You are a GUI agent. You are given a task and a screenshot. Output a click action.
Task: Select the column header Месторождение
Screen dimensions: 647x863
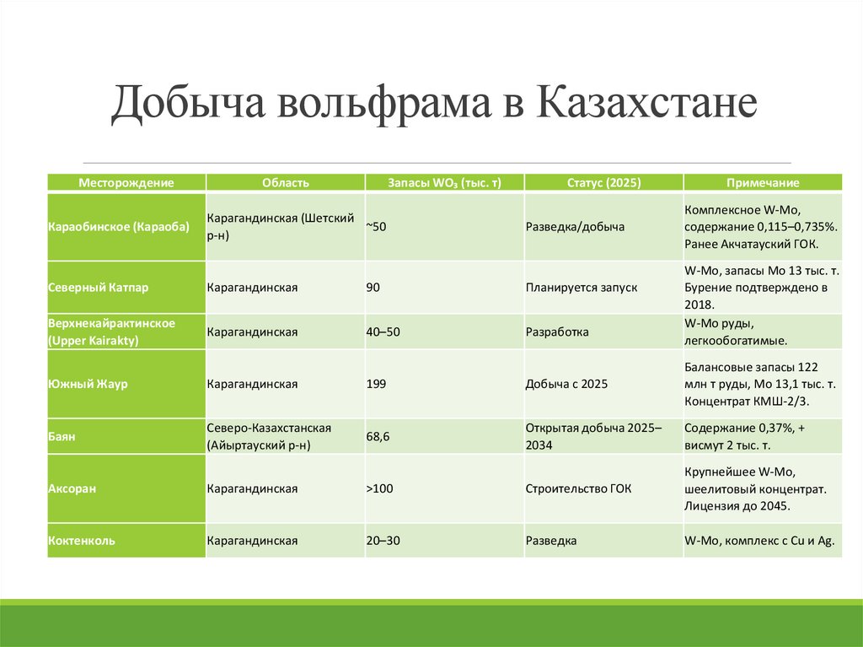click(x=126, y=183)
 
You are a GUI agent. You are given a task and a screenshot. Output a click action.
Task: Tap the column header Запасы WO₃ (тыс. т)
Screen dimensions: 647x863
click(x=444, y=183)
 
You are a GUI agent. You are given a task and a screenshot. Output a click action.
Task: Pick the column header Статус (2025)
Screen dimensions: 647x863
click(x=603, y=183)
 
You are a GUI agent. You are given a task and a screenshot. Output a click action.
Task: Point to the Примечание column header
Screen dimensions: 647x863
click(x=763, y=183)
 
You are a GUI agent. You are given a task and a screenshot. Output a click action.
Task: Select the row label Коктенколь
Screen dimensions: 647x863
click(x=82, y=540)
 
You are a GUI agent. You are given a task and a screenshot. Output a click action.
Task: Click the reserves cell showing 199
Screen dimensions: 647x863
click(x=376, y=384)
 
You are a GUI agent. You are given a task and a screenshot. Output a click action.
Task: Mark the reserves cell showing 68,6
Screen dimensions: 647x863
click(x=378, y=437)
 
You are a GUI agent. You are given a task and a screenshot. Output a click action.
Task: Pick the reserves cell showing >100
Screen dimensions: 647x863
click(x=379, y=488)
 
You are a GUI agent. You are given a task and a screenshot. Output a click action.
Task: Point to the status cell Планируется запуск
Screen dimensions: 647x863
click(x=581, y=288)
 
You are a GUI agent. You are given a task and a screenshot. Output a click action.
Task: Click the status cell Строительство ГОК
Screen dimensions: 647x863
click(x=578, y=488)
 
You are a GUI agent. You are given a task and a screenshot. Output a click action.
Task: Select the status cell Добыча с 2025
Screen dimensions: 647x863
click(x=566, y=384)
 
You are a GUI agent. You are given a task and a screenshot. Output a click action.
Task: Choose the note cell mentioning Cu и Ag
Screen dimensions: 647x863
click(x=759, y=540)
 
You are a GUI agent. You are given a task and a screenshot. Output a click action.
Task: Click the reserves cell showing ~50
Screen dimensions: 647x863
click(x=376, y=227)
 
